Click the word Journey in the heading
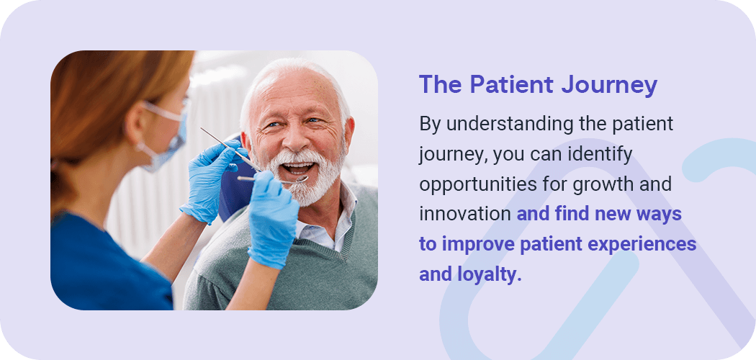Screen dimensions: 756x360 coord(609,85)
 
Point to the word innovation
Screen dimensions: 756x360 coord(465,214)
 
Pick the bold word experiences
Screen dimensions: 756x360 coord(646,244)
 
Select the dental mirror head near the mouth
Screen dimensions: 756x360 coord(300,180)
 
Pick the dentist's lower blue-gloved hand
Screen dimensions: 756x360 coord(271,219)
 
